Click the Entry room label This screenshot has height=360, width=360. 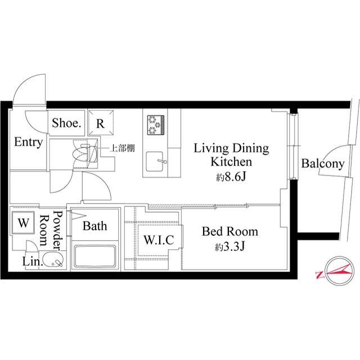click(29, 142)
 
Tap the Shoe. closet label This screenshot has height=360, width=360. click(66, 123)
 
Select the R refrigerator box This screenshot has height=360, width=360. click(101, 123)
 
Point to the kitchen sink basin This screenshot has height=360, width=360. click(155, 161)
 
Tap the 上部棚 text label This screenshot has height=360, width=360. click(123, 148)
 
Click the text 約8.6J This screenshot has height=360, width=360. click(231, 177)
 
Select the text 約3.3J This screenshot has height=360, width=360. click(230, 247)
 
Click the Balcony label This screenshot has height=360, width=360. click(323, 164)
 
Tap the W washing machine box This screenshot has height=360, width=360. click(24, 223)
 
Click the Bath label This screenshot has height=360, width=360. click(95, 226)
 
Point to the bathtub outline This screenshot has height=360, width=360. click(95, 256)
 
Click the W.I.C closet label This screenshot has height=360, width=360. click(159, 240)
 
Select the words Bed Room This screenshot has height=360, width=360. click(230, 231)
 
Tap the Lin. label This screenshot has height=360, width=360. click(33, 262)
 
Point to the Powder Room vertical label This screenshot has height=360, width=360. click(50, 231)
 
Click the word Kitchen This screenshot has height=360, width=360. click(231, 161)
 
